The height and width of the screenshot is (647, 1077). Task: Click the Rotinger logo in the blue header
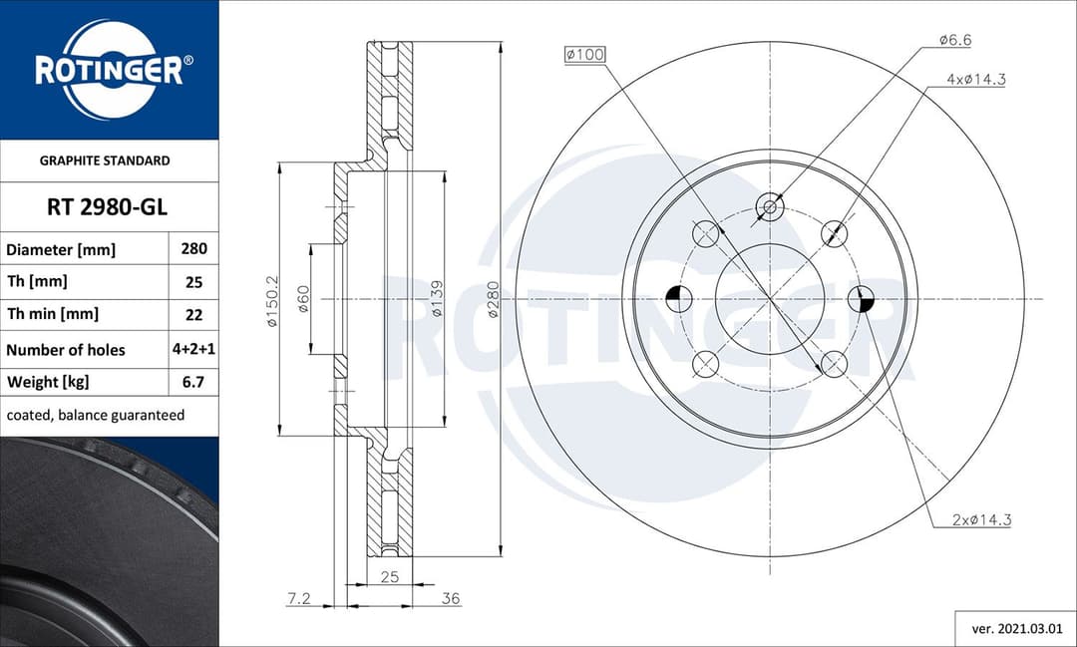(x=109, y=69)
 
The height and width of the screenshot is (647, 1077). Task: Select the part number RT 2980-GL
(x=107, y=207)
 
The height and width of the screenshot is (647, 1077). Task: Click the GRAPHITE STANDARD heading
(x=105, y=161)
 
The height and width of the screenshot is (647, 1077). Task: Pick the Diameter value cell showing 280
(x=193, y=249)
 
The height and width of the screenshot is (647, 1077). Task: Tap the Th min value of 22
(x=193, y=314)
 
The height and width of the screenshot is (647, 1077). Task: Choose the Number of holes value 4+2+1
(x=193, y=349)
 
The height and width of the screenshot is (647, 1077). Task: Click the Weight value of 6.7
(x=193, y=382)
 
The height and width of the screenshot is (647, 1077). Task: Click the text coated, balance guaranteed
(x=95, y=415)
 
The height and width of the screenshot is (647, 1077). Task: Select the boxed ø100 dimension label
(x=584, y=55)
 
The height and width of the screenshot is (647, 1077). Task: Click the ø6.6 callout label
(x=954, y=40)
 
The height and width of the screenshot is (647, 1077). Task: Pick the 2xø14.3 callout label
(x=981, y=519)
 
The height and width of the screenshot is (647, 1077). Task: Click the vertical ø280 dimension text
(x=493, y=298)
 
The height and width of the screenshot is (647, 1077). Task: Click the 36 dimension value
(x=451, y=599)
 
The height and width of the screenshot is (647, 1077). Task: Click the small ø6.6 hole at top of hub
(x=770, y=207)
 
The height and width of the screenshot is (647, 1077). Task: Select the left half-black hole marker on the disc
(x=677, y=297)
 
